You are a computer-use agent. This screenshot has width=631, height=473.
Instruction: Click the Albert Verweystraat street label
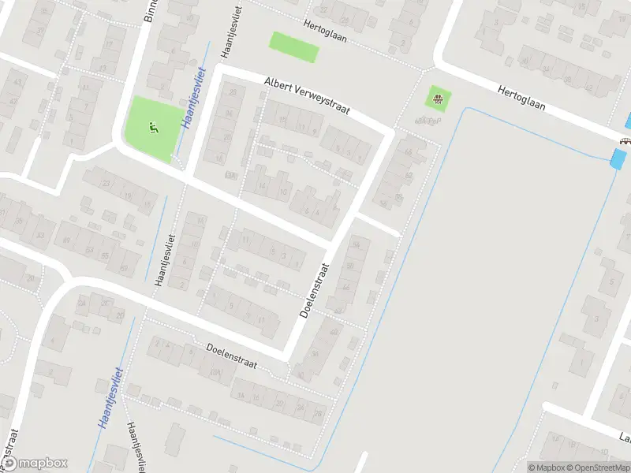(x=307, y=95)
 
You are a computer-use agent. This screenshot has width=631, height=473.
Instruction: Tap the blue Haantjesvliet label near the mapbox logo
(x=110, y=398)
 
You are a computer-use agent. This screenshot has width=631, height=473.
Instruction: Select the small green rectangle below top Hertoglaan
(x=295, y=47)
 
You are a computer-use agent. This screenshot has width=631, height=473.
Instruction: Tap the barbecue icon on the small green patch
(x=437, y=99)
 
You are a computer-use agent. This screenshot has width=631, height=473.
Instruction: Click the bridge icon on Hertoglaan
(x=625, y=141)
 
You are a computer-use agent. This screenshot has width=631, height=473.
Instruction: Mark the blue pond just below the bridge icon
(x=617, y=158)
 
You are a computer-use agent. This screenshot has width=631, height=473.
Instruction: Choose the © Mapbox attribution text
(x=545, y=467)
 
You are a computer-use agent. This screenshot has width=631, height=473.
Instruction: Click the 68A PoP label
(x=428, y=121)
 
